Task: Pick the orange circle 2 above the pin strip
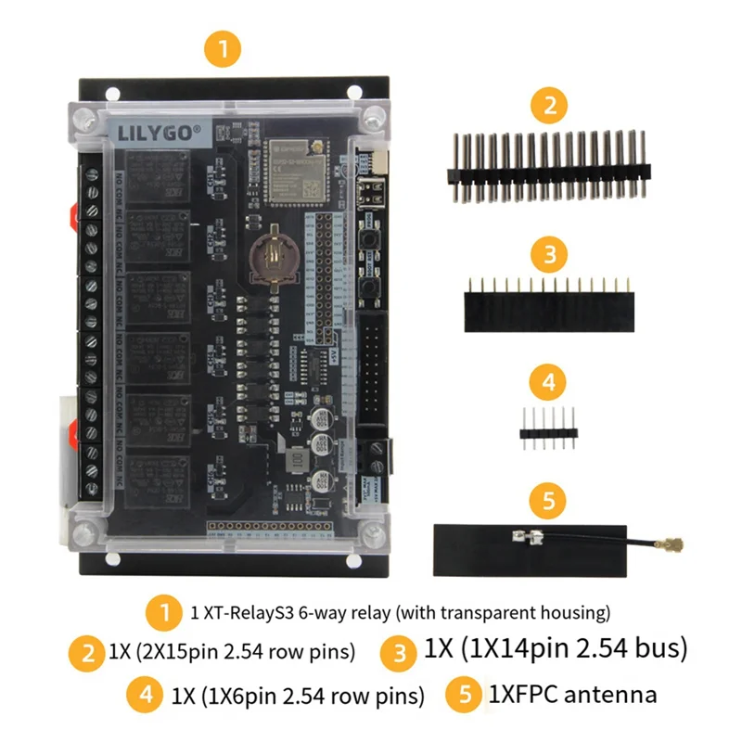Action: [x=549, y=105]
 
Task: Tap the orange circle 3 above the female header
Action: [x=549, y=252]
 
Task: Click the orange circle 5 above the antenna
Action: [x=549, y=501]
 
